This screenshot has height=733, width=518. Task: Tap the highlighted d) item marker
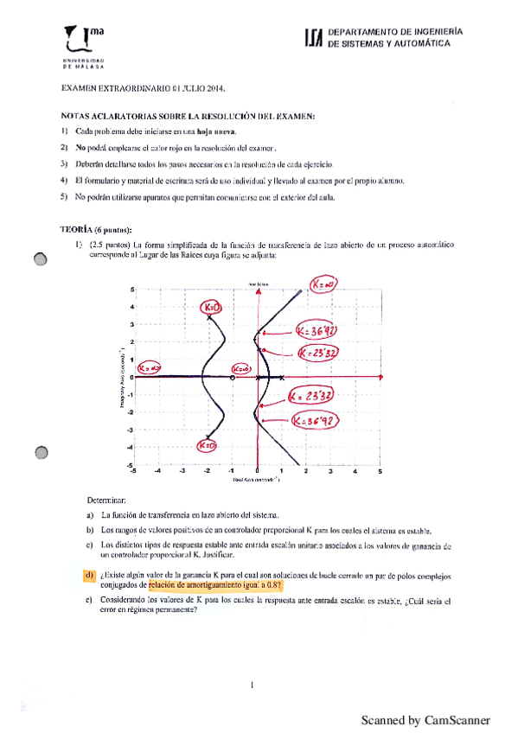tap(89, 576)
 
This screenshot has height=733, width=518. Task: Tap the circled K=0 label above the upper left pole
tap(211, 307)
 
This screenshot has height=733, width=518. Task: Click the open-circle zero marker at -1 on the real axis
tap(233, 377)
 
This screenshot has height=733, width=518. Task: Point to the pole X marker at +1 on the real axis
tap(282, 377)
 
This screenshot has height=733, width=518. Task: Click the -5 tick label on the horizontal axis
tap(132, 472)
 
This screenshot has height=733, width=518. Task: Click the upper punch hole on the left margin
tap(39, 263)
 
